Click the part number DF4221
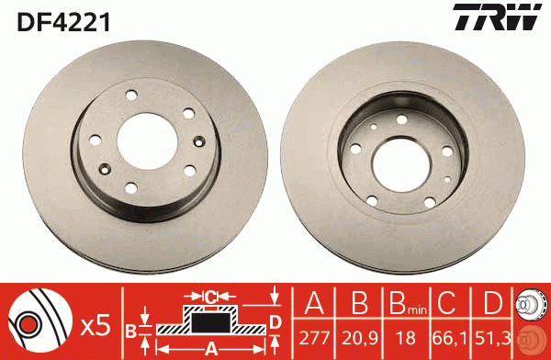tap(63, 22)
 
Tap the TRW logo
tap(497, 17)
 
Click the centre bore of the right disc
tap(401, 165)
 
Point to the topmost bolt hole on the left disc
tap(131, 95)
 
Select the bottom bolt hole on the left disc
tap(131, 188)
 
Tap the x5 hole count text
tap(96, 326)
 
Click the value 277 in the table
tap(314, 338)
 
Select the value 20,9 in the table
tap(359, 338)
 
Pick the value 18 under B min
tap(406, 338)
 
